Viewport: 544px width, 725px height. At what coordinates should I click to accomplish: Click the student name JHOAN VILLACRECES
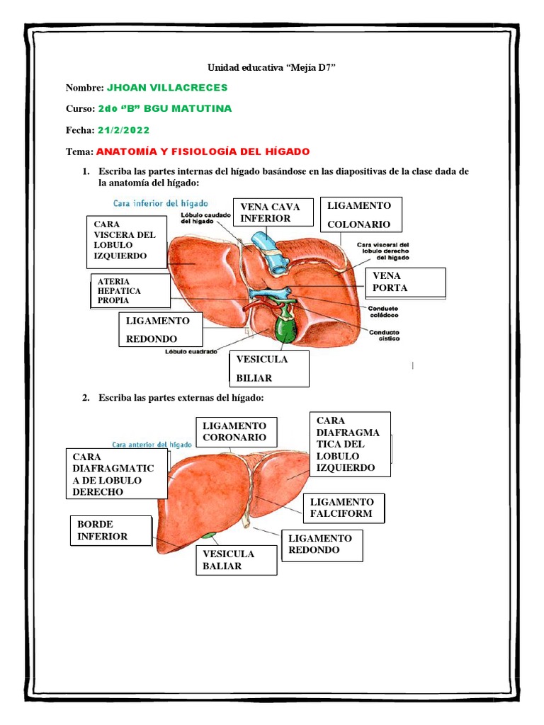pos(166,87)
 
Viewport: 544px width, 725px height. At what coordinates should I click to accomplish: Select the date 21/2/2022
pos(124,130)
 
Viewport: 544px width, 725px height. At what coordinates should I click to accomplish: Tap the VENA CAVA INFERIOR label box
pos(270,212)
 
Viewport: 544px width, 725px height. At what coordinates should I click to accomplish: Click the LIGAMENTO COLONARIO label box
pos(362,215)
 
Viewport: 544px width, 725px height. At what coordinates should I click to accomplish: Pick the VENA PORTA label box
pos(404,282)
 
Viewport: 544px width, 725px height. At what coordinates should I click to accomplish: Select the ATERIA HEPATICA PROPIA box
pos(130,291)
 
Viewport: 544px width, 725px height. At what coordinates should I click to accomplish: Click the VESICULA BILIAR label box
pos(269,369)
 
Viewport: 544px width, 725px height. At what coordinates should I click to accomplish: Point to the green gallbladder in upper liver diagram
pos(285,328)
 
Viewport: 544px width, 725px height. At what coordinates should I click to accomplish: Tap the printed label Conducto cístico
pos(383,335)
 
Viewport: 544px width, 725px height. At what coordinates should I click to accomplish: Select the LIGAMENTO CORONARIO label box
pos(236,432)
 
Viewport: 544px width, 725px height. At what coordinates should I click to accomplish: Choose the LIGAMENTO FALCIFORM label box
pos(344,508)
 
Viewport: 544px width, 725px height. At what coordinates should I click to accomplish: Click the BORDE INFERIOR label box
pos(110,531)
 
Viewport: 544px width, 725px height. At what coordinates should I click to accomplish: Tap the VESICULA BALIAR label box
pos(236,560)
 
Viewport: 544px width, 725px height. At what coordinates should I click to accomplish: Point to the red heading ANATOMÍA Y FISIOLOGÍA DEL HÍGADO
pos(203,152)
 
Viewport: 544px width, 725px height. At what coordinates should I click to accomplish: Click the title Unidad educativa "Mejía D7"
pos(271,67)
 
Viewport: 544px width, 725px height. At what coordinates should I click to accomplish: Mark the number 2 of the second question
pos(86,399)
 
